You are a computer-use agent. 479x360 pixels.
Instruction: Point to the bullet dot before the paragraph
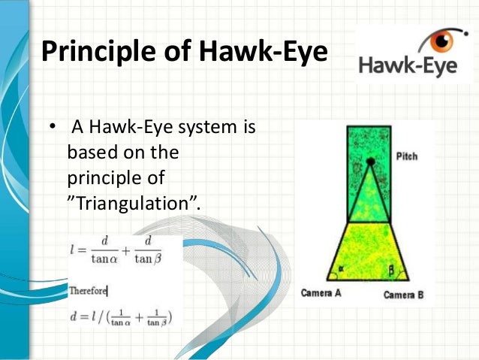(x=53, y=127)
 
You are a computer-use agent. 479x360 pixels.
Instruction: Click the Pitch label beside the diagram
(x=407, y=156)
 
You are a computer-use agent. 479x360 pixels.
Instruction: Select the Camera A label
(x=321, y=292)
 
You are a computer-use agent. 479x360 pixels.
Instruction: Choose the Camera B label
(x=404, y=295)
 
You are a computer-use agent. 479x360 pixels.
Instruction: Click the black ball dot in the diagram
(x=370, y=162)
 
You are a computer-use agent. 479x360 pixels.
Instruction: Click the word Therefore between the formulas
(x=89, y=290)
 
